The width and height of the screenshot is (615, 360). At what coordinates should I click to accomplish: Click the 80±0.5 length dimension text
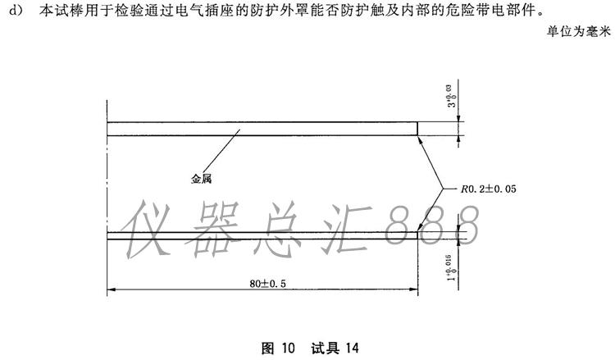coord(267,283)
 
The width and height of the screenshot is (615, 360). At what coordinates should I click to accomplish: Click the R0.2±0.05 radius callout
coord(489,189)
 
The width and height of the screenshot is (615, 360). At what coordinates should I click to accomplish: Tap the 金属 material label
coord(201,179)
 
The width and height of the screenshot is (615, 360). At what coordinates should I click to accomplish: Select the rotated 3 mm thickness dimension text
coord(453,96)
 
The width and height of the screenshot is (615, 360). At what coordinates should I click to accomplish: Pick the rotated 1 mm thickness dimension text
coord(452,268)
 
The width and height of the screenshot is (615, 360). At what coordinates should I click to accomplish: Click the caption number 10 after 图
coord(288,348)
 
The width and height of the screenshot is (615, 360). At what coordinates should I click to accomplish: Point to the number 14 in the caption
coord(352,348)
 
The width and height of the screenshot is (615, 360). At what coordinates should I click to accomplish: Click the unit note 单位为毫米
coord(579,31)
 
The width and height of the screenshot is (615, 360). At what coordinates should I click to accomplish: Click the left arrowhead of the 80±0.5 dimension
coord(112,289)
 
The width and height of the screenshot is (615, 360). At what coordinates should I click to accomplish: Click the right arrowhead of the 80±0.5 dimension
coord(413,289)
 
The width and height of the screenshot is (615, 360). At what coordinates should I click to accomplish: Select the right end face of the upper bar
coord(417,129)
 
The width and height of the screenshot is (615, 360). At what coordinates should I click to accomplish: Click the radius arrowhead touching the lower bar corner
coord(420,227)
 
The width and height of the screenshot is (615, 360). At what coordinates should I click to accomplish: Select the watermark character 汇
coord(347,229)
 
